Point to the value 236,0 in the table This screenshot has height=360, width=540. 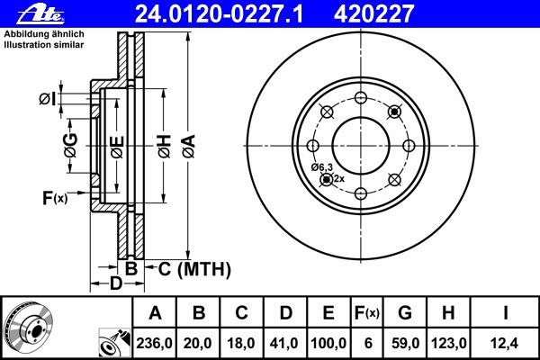pos(155,342)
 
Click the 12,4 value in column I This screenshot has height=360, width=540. pos(505,342)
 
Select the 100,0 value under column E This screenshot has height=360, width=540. pos(328,342)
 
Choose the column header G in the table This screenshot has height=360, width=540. pos(405,313)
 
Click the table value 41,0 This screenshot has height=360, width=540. pos(285,342)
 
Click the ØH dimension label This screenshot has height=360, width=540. pos(164,143)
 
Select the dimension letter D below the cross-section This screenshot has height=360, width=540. pos(114,285)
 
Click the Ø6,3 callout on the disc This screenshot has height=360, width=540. pos(322,167)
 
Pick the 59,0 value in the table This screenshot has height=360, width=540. pos(405,342)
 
